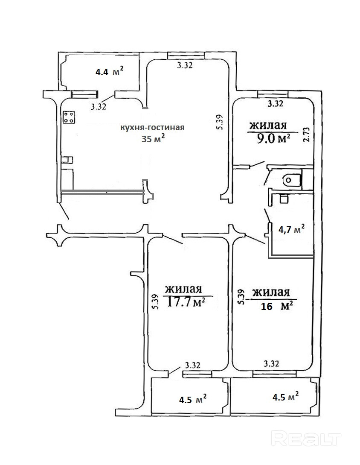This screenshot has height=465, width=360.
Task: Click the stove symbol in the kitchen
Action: (x=69, y=117)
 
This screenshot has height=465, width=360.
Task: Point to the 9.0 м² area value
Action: (x=270, y=139)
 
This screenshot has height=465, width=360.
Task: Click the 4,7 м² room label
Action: (x=291, y=229)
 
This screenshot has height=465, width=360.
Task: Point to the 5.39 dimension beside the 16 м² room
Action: (x=241, y=297)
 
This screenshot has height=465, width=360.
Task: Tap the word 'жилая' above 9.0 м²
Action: (x=268, y=126)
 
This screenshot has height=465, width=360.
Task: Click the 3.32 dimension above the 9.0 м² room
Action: (x=275, y=103)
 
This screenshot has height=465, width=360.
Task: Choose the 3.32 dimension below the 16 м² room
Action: (x=271, y=364)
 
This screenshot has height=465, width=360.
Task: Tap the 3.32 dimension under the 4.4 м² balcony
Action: (x=99, y=107)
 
